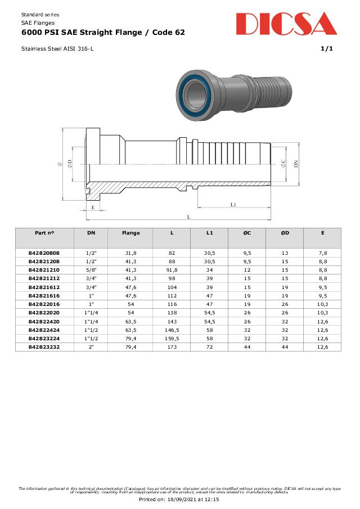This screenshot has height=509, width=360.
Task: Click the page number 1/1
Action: pyautogui.click(x=326, y=49)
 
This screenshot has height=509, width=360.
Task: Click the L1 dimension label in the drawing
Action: pyautogui.click(x=233, y=205)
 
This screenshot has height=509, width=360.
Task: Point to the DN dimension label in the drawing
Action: pyautogui.click(x=296, y=163)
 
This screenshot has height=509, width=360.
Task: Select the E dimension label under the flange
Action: pyautogui.click(x=93, y=208)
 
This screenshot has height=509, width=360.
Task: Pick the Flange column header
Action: pyautogui.click(x=130, y=233)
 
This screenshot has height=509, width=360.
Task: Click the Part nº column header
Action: pyautogui.click(x=44, y=233)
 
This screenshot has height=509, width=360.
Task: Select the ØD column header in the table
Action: pyautogui.click(x=285, y=233)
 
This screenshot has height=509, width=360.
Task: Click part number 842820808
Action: pyautogui.click(x=44, y=253)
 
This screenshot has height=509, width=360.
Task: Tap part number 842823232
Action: pyautogui.click(x=44, y=346)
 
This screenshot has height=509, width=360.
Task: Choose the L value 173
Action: pyautogui.click(x=172, y=346)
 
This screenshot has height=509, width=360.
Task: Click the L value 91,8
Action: pyautogui.click(x=172, y=270)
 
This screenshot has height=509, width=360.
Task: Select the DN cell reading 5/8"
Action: pyautogui.click(x=91, y=270)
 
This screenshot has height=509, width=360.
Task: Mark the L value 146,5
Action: pyautogui.click(x=172, y=330)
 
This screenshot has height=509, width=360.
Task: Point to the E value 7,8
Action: pyautogui.click(x=322, y=253)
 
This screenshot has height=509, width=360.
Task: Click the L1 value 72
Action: pyautogui.click(x=209, y=346)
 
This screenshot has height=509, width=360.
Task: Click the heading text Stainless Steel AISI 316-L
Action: pyautogui.click(x=57, y=49)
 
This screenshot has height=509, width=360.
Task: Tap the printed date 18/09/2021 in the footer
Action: pyautogui.click(x=188, y=499)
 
